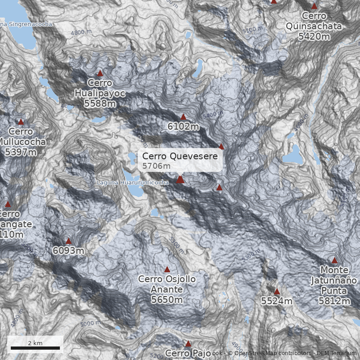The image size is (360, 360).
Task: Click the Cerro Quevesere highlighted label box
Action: click(180, 161)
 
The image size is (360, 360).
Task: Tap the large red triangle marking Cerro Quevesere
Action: click(180, 180)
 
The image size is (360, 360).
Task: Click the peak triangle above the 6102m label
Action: click(183, 117)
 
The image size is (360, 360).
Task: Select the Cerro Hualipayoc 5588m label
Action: click(100, 93)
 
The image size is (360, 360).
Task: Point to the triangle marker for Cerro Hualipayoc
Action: click(100, 73)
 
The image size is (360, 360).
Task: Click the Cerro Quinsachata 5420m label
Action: click(314, 26)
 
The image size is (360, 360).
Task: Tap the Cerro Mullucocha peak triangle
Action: click(21, 121)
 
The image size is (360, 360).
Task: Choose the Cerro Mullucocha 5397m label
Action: click(21, 142)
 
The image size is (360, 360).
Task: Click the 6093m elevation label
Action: click(68, 250)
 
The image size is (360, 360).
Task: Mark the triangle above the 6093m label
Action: click(68, 241)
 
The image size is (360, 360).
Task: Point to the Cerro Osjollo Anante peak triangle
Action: click(167, 270)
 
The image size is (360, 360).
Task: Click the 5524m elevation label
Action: click(277, 301)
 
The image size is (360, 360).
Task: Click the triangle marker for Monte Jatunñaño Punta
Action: click(334, 261)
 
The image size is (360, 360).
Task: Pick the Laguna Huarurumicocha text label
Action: click(133, 183)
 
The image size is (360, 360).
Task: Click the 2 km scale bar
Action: click(35, 347)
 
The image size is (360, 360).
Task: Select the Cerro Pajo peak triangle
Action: click(188, 344)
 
